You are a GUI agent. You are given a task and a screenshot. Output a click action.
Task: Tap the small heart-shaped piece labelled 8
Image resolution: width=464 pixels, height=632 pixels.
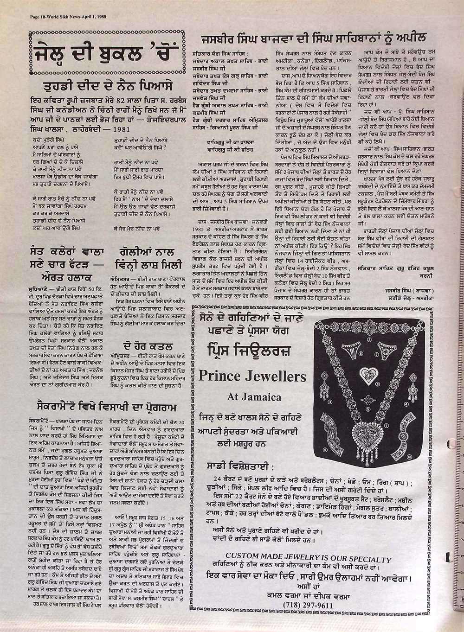369,372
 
